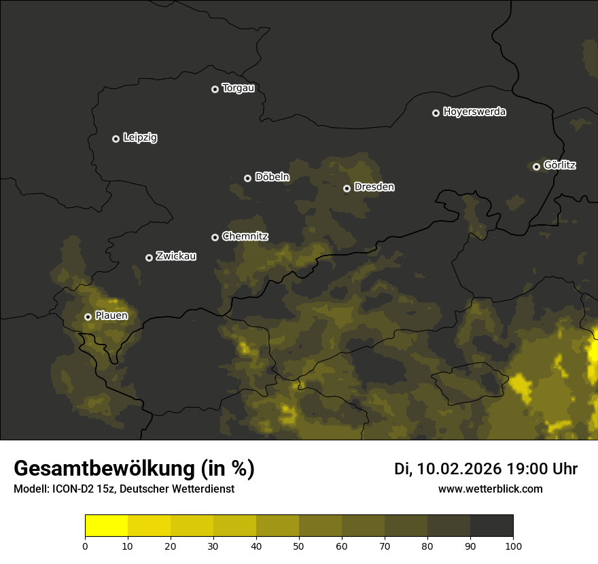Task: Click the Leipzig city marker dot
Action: pos(116,139)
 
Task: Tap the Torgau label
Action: pos(238,88)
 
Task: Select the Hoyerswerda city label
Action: pos(474,112)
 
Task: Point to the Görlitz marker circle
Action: pos(536,166)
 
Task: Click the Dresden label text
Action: pos(374,187)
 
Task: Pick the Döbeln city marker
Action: pos(247,178)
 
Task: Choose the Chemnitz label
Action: pos(245,236)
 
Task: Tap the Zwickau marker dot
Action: pos(149,258)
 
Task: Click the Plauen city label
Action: pos(111,315)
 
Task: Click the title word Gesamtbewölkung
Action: pos(102,469)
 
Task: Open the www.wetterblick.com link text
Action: pos(490,489)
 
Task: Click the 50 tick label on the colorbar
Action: pos(299,546)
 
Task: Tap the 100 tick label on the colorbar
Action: pos(513,546)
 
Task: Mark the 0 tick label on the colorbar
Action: pos(85,546)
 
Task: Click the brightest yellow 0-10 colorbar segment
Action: pos(106,526)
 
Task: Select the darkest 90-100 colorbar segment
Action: pos(491,526)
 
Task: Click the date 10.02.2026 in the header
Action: pos(459,469)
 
